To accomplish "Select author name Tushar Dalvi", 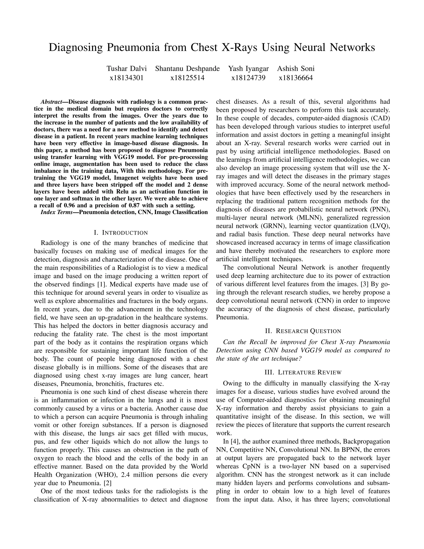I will tap(126, 69).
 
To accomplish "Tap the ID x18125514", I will tap(187, 78).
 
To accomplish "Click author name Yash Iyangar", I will tap(248, 69).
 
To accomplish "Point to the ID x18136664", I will tap(296, 78).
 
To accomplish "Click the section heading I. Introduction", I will tap(121, 233).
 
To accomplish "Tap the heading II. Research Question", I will tap(303, 331).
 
